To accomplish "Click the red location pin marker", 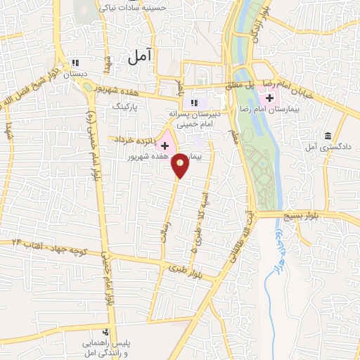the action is (x=181, y=165).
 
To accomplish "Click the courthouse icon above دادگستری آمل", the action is (x=328, y=136).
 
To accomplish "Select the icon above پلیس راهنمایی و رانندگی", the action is (x=105, y=331).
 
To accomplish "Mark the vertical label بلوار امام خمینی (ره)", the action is (x=91, y=141).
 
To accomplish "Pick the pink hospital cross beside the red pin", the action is (x=165, y=146).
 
